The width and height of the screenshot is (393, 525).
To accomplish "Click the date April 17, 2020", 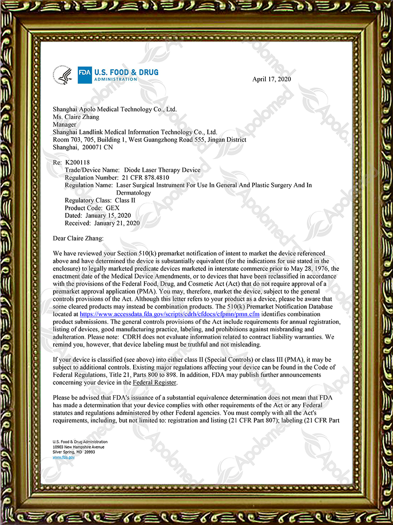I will (x=272, y=79).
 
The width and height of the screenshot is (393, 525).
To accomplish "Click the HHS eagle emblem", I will (x=65, y=76).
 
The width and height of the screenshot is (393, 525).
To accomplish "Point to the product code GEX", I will (x=120, y=208).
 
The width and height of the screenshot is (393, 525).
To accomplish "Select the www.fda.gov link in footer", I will (x=63, y=457).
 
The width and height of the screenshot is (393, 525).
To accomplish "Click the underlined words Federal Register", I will (x=154, y=382).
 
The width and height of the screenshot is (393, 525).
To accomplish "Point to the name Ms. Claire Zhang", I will (x=77, y=117).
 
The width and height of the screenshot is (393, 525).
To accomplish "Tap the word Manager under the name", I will (x=64, y=124).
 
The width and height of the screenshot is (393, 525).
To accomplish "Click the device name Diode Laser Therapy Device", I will (x=162, y=170).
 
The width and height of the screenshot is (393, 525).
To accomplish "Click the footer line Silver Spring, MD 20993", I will (x=74, y=452).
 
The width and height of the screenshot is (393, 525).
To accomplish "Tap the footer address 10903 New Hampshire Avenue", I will (x=80, y=447).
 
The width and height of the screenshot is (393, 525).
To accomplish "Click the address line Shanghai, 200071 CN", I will (x=83, y=147).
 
